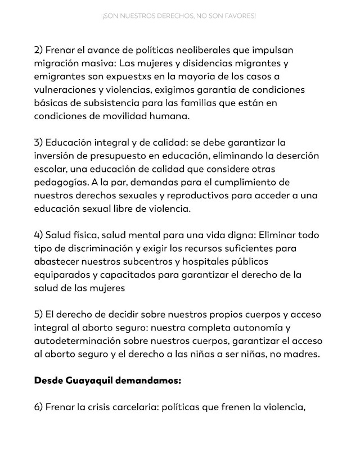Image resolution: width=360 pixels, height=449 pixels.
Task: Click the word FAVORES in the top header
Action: [x=241, y=17]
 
